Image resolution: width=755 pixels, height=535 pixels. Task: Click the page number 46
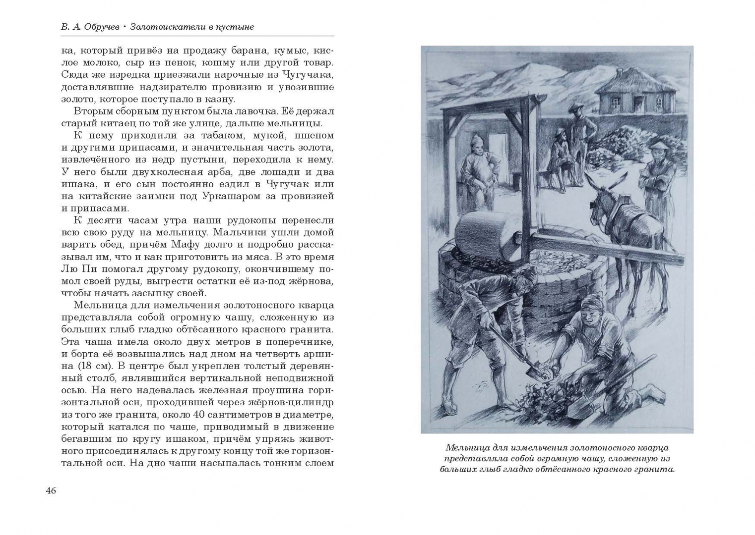point(51,490)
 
